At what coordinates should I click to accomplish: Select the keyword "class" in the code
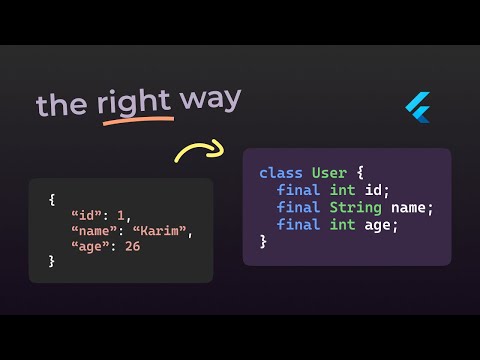(281, 173)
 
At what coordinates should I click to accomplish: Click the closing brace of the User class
(263, 241)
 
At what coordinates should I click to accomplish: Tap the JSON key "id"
(86, 214)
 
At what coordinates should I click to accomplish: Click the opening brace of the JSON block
(52, 199)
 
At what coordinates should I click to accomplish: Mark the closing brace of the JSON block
(52, 261)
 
